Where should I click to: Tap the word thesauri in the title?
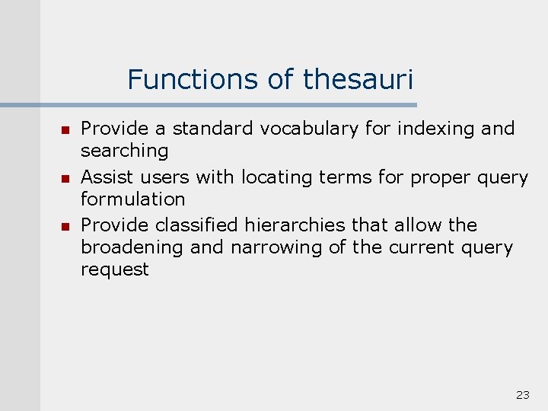tap(358, 79)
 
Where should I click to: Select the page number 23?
tap(523, 394)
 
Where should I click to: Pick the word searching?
tap(124, 151)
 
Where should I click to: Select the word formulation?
tap(132, 199)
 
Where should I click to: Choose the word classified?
tap(197, 225)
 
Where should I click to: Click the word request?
tap(115, 269)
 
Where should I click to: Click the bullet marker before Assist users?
tap(65, 178)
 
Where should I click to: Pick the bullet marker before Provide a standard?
tap(65, 129)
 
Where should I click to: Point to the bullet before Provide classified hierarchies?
tap(65, 226)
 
